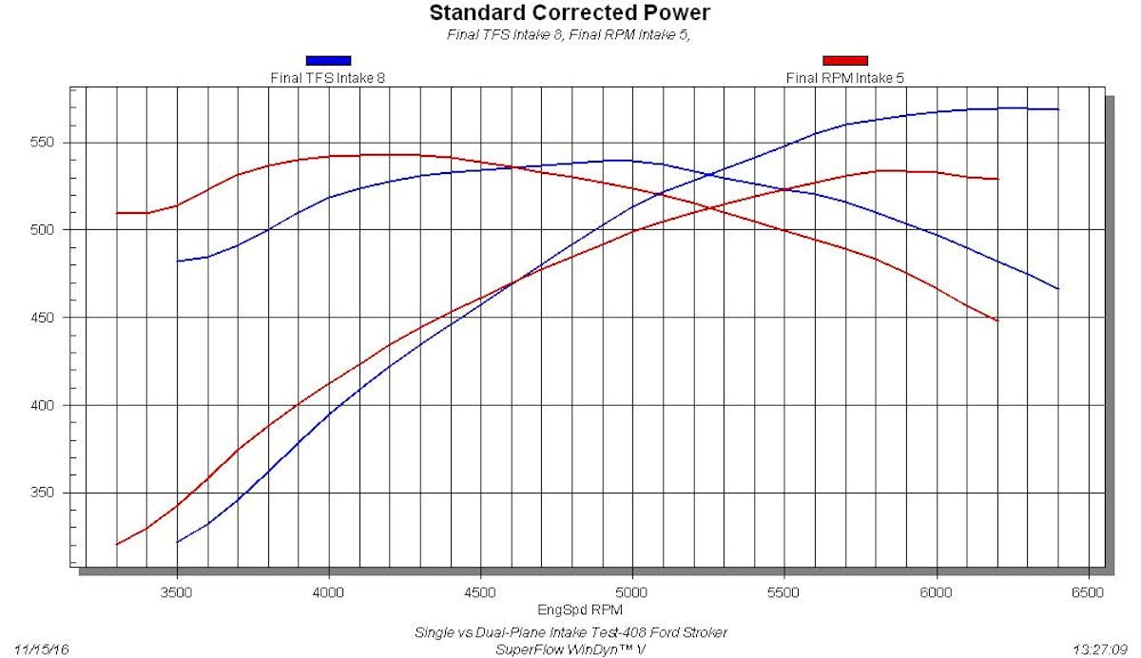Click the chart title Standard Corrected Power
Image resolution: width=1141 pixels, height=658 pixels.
570,13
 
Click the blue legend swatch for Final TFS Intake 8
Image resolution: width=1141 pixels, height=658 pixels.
328,61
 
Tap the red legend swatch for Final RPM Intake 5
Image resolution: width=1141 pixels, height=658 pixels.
845,61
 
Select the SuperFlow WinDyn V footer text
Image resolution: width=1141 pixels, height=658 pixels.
570,649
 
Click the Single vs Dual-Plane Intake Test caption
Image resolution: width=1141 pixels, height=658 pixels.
570,632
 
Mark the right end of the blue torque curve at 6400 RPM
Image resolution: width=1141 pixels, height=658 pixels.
1057,288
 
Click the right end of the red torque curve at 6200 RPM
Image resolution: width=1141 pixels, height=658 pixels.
996,320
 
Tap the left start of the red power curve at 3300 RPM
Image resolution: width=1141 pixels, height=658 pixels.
117,544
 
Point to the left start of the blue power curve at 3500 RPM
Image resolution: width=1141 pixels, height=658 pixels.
178,542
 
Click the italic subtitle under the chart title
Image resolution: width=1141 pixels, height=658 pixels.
570,36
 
